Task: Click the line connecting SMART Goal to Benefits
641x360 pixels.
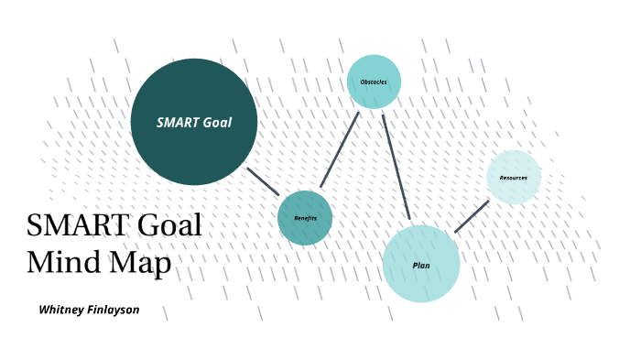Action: (263, 180)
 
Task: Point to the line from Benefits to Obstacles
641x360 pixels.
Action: (339, 149)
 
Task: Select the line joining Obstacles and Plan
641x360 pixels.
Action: (396, 167)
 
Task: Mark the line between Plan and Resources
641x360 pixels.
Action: (472, 216)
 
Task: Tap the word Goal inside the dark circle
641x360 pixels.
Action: (219, 122)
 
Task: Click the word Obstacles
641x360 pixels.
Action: (374, 82)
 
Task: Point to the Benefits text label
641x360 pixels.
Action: (305, 218)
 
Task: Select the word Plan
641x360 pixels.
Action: (420, 266)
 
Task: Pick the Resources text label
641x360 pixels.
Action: (514, 177)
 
